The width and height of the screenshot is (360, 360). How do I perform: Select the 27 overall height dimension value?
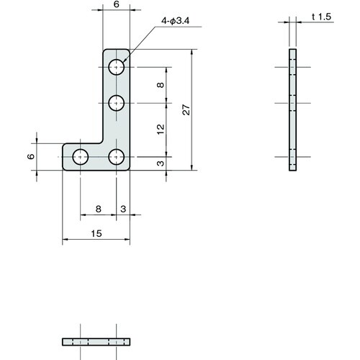click(x=186, y=109)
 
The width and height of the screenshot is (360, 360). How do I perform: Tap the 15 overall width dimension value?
click(x=96, y=233)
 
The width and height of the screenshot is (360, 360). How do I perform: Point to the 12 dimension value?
click(x=161, y=130)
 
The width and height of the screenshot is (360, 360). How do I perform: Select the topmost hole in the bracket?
click(x=117, y=68)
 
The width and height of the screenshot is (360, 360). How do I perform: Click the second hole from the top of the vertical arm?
click(x=117, y=103)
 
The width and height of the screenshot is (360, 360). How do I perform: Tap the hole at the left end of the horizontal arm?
click(x=81, y=156)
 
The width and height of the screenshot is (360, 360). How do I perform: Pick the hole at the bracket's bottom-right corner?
click(x=117, y=156)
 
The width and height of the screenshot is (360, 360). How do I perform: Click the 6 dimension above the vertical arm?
click(x=117, y=5)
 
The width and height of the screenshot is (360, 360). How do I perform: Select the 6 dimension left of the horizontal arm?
click(x=31, y=156)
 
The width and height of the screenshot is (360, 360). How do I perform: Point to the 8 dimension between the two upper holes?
click(x=161, y=85)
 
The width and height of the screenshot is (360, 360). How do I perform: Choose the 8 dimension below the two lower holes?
click(x=99, y=209)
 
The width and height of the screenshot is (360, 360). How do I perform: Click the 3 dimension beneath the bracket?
click(x=123, y=209)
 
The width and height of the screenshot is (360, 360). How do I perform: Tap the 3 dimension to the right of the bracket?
click(x=161, y=163)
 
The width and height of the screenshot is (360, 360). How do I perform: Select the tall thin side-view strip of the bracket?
click(x=292, y=109)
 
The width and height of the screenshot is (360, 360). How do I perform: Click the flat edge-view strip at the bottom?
click(x=96, y=341)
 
